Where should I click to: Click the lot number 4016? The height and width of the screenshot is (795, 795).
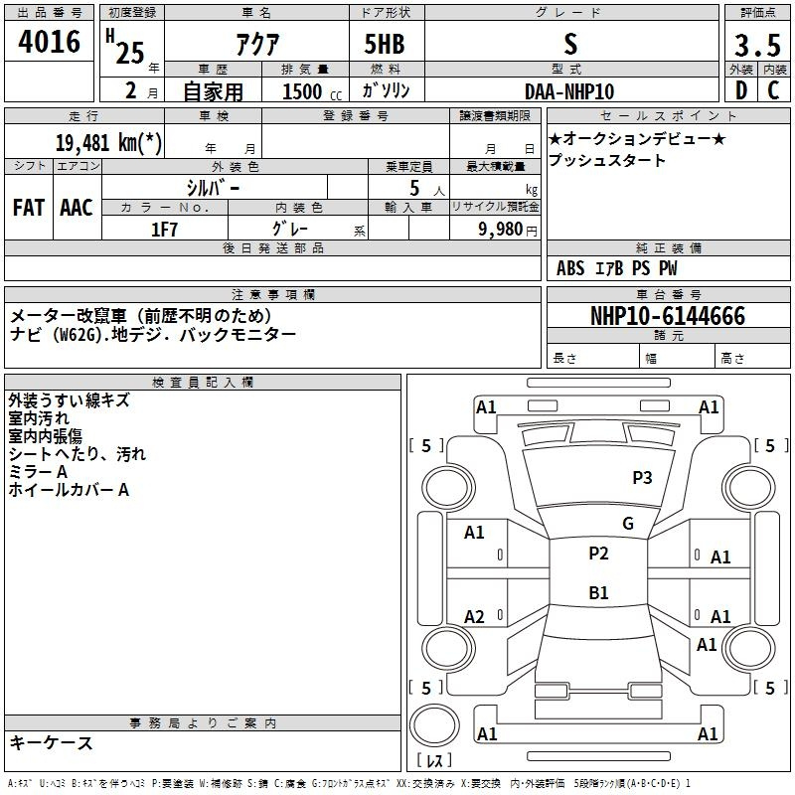pyautogui.click(x=49, y=41)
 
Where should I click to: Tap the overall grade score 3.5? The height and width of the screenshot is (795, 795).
pyautogui.click(x=757, y=45)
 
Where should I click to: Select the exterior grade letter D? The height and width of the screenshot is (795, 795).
pyautogui.click(x=741, y=90)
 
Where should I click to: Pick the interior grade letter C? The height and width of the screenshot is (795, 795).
pyautogui.click(x=773, y=90)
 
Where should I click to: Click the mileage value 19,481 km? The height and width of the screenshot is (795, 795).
pyautogui.click(x=108, y=143)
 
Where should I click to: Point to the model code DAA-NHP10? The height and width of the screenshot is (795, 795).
pyautogui.click(x=569, y=91)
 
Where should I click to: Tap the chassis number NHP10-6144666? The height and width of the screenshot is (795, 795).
pyautogui.click(x=668, y=316)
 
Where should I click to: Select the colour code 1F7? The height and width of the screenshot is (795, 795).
pyautogui.click(x=164, y=230)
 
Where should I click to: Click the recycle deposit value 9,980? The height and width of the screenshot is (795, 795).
pyautogui.click(x=501, y=230)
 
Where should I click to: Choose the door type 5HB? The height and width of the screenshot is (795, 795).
pyautogui.click(x=385, y=44)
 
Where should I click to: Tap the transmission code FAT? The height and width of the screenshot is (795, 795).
pyautogui.click(x=29, y=208)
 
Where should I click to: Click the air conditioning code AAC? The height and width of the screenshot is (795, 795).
pyautogui.click(x=77, y=208)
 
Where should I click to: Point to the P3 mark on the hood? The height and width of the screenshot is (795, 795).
pyautogui.click(x=642, y=478)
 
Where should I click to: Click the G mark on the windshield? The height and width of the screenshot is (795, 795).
pyautogui.click(x=628, y=524)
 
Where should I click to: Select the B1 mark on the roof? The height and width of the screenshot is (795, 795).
pyautogui.click(x=598, y=592)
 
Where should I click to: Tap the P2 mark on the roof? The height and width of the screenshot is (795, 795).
pyautogui.click(x=598, y=554)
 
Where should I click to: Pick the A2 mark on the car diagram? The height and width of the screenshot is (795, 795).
pyautogui.click(x=474, y=617)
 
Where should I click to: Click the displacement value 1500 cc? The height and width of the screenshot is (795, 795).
pyautogui.click(x=312, y=92)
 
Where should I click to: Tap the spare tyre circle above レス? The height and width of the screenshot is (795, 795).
pyautogui.click(x=434, y=724)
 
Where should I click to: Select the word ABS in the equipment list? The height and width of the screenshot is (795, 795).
pyautogui.click(x=570, y=268)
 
